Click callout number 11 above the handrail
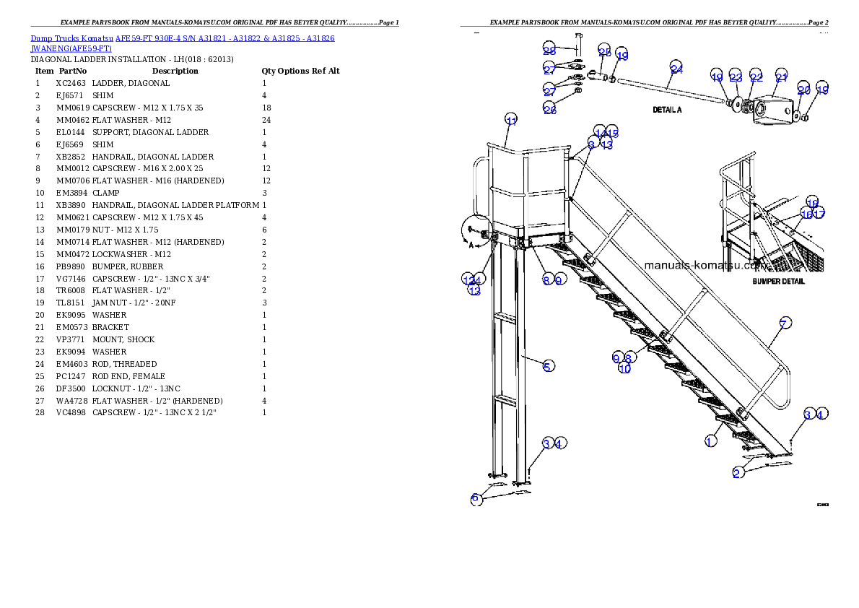(511, 120)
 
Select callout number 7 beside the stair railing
(785, 323)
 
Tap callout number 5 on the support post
(549, 366)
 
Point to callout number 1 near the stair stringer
(711, 440)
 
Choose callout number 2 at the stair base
(737, 473)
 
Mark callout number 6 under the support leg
(476, 498)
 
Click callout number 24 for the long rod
(676, 69)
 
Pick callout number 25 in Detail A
(605, 51)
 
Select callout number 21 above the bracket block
(782, 77)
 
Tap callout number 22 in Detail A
(756, 77)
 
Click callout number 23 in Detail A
(736, 77)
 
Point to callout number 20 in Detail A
(804, 90)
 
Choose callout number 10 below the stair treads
(625, 368)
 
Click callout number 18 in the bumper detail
(812, 202)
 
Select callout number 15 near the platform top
(613, 132)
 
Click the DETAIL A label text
(667, 110)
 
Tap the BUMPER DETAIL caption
(778, 282)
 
